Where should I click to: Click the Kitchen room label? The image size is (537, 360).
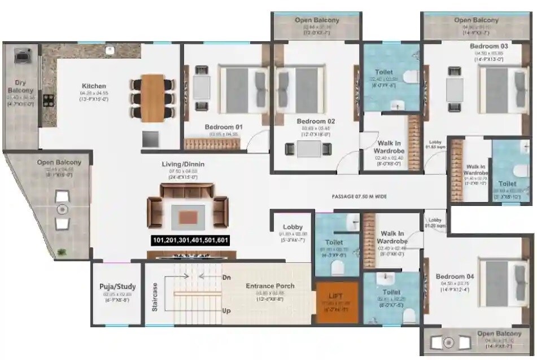[x=93, y=86]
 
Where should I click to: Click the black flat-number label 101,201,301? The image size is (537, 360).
[x=191, y=241]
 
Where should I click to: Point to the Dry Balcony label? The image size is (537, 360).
[x=20, y=86]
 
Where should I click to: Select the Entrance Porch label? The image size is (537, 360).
[x=270, y=286]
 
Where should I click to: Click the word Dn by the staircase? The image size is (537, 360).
[x=226, y=277]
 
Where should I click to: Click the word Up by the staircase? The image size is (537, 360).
[x=226, y=311]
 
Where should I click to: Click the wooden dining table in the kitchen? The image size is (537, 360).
[x=152, y=98]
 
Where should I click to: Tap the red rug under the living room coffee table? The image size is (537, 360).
[x=189, y=216]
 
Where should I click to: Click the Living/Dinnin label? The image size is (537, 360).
[x=183, y=164]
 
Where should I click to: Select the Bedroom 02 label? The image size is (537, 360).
[x=316, y=121]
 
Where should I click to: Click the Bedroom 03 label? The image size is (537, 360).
[x=488, y=46]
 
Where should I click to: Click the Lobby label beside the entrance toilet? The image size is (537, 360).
[x=292, y=227]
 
